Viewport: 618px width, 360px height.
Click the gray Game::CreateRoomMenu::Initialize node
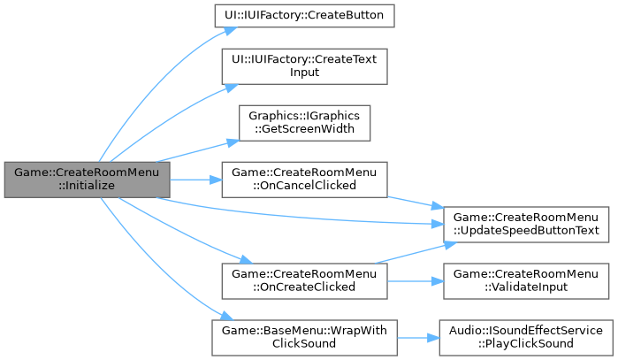pyautogui.click(x=86, y=180)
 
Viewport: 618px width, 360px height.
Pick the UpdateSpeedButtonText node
pyautogui.click(x=527, y=224)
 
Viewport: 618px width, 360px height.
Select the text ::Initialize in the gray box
pyautogui.click(x=86, y=187)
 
